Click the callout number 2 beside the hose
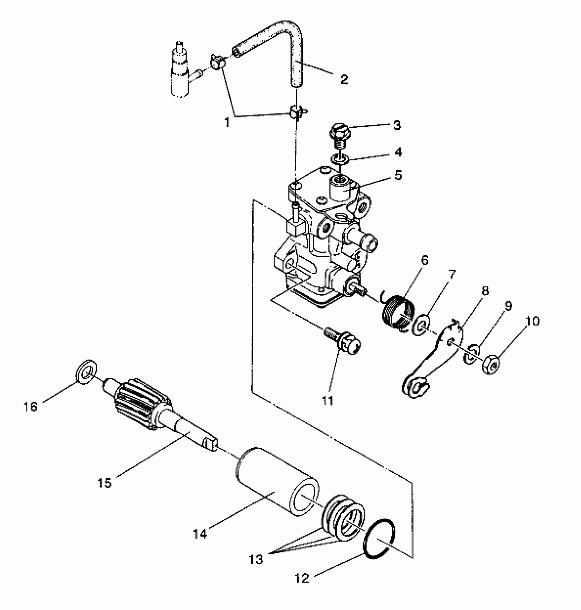[344, 79]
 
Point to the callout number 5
[398, 175]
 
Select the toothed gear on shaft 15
[142, 404]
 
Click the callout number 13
[256, 559]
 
